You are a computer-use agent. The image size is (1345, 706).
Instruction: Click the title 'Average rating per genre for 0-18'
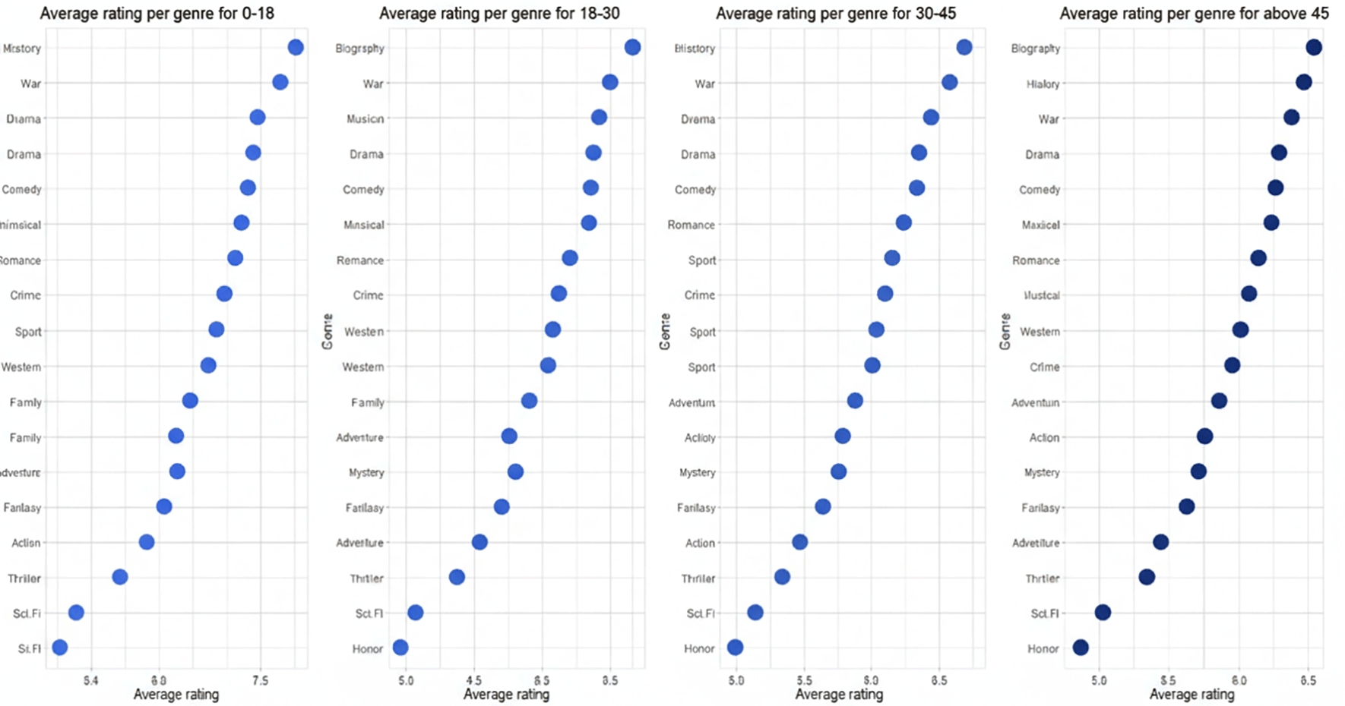point(157,14)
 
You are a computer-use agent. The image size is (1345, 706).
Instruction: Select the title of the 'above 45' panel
point(1195,14)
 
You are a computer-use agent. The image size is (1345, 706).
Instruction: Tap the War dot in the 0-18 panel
point(280,82)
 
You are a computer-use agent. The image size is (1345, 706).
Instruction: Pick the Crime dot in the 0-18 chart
point(224,294)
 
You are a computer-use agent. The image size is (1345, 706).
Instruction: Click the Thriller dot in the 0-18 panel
point(120,577)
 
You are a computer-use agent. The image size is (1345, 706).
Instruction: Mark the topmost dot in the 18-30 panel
point(632,47)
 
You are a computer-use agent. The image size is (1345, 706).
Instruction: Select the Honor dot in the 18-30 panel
point(400,648)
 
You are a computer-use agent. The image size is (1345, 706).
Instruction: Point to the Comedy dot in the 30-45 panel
point(916,188)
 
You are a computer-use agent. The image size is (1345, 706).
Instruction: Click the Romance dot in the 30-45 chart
point(904,222)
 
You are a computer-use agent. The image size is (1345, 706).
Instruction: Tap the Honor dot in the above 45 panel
point(1081,648)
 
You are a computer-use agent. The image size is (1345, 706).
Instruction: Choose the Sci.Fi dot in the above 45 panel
point(1103,612)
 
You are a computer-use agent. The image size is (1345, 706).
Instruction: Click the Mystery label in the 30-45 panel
point(697,472)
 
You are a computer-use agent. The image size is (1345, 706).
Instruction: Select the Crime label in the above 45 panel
point(1044,367)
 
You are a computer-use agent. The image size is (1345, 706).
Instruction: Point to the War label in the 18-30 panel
point(372,84)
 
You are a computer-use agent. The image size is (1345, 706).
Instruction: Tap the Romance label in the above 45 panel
point(1035,260)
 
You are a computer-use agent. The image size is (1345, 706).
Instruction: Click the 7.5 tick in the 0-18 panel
point(260,681)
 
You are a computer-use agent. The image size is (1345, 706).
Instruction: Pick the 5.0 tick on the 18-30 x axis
point(406,681)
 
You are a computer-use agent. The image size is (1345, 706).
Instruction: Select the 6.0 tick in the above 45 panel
point(1239,681)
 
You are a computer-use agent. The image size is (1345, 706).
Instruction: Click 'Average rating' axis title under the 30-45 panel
point(839,695)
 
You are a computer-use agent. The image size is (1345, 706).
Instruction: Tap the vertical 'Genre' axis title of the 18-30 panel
point(328,331)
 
